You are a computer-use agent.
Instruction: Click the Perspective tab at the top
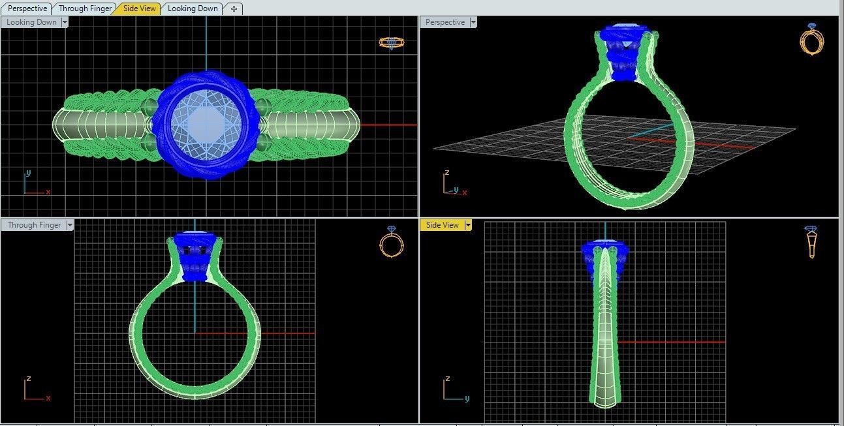point(27,8)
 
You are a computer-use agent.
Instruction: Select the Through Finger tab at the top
point(85,8)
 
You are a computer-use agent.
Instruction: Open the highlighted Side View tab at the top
point(140,8)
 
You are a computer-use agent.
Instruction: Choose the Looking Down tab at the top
point(193,8)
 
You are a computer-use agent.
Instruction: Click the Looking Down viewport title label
point(31,22)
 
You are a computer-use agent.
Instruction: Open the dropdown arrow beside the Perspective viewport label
point(473,22)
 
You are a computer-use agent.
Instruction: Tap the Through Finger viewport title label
point(34,225)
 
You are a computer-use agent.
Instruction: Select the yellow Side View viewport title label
point(442,225)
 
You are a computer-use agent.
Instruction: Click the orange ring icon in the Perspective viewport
point(811,40)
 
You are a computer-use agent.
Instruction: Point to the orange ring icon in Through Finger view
point(392,242)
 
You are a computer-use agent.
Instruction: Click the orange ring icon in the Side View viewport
point(811,242)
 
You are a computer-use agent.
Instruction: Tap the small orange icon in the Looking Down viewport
point(392,42)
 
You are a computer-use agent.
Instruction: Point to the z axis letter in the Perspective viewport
point(446,174)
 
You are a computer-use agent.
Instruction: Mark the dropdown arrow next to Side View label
point(467,225)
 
